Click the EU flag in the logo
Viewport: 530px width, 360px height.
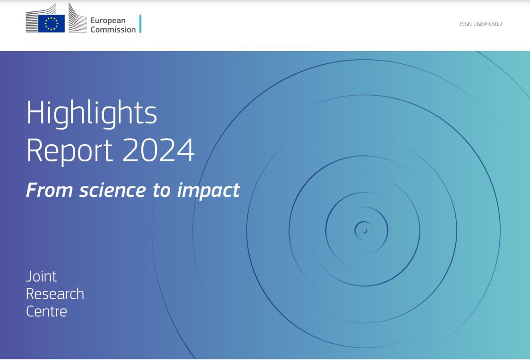tap(51, 23)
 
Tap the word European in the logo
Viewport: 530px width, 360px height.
tap(108, 20)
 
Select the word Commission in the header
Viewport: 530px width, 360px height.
tap(113, 29)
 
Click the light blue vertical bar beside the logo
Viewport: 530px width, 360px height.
tap(140, 24)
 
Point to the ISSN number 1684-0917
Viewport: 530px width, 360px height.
tap(488, 24)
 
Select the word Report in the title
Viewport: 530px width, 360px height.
tap(70, 150)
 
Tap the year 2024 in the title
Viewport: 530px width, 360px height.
tap(158, 150)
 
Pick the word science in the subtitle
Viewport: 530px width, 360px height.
tap(113, 190)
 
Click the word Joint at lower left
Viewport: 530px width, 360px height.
tap(41, 276)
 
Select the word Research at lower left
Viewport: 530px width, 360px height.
tap(55, 294)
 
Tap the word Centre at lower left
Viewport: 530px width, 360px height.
tap(46, 311)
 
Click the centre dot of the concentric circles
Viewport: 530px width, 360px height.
tap(364, 231)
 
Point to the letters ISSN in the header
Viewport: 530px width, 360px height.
tap(465, 24)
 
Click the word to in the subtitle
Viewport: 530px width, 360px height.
tap(161, 190)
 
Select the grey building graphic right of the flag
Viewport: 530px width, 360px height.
tap(77, 19)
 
